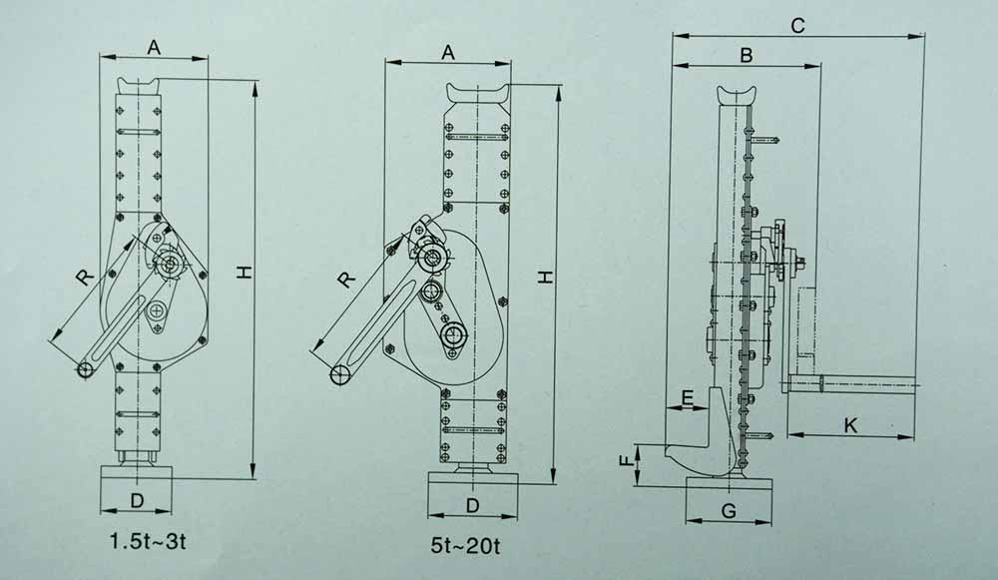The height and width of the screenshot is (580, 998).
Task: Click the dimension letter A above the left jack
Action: point(154,47)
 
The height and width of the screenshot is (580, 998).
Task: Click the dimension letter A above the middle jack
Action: point(449,52)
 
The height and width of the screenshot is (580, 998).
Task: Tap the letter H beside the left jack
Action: point(246,273)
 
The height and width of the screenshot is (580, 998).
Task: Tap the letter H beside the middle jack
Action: point(546,277)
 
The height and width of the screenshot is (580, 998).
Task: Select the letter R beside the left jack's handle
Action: point(85,277)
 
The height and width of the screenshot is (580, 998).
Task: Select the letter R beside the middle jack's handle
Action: point(346,280)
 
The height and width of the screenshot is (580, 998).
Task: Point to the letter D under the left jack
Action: point(137,501)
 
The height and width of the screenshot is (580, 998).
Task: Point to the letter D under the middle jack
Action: point(472,505)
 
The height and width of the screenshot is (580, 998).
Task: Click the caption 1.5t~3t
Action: point(148,542)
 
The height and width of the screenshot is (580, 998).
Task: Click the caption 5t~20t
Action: point(465,546)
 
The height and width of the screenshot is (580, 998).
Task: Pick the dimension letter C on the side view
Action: point(797,26)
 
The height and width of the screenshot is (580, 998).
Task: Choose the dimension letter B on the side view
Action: point(746,55)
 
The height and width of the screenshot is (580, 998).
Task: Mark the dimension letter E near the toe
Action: point(688,398)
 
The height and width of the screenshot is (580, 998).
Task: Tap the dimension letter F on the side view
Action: point(627,460)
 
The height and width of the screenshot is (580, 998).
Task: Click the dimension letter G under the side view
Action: point(730,510)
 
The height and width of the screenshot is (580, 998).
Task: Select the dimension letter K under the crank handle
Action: point(850,426)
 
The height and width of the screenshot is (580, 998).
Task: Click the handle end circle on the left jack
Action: point(84,370)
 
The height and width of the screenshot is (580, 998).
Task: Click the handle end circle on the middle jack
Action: point(340,375)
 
